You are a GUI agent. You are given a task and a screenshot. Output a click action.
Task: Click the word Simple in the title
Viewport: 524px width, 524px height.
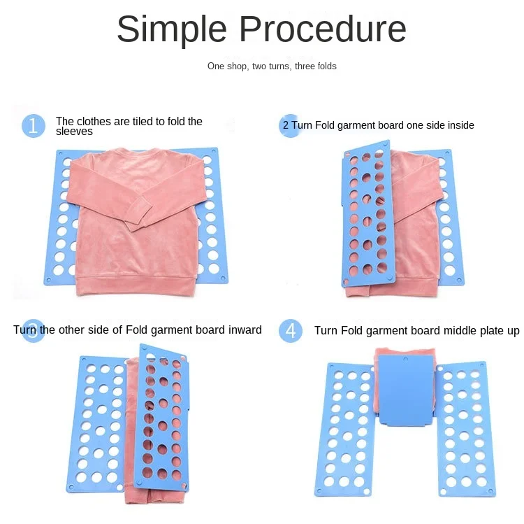[x=172, y=30]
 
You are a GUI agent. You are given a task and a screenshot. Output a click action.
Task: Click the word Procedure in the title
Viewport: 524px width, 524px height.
[x=323, y=29]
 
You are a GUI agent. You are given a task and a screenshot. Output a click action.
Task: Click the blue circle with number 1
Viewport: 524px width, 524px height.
[x=33, y=126]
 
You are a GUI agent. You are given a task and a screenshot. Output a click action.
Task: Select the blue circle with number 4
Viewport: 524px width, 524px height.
[x=291, y=331]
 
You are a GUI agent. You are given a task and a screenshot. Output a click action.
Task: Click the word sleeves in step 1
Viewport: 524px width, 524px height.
[x=74, y=131]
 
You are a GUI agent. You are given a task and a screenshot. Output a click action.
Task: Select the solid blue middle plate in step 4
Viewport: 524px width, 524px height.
[x=406, y=390]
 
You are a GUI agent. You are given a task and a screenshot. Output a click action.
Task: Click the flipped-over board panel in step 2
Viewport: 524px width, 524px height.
[x=368, y=213]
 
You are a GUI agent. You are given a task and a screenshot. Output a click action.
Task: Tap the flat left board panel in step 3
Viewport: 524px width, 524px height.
[x=98, y=423]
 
